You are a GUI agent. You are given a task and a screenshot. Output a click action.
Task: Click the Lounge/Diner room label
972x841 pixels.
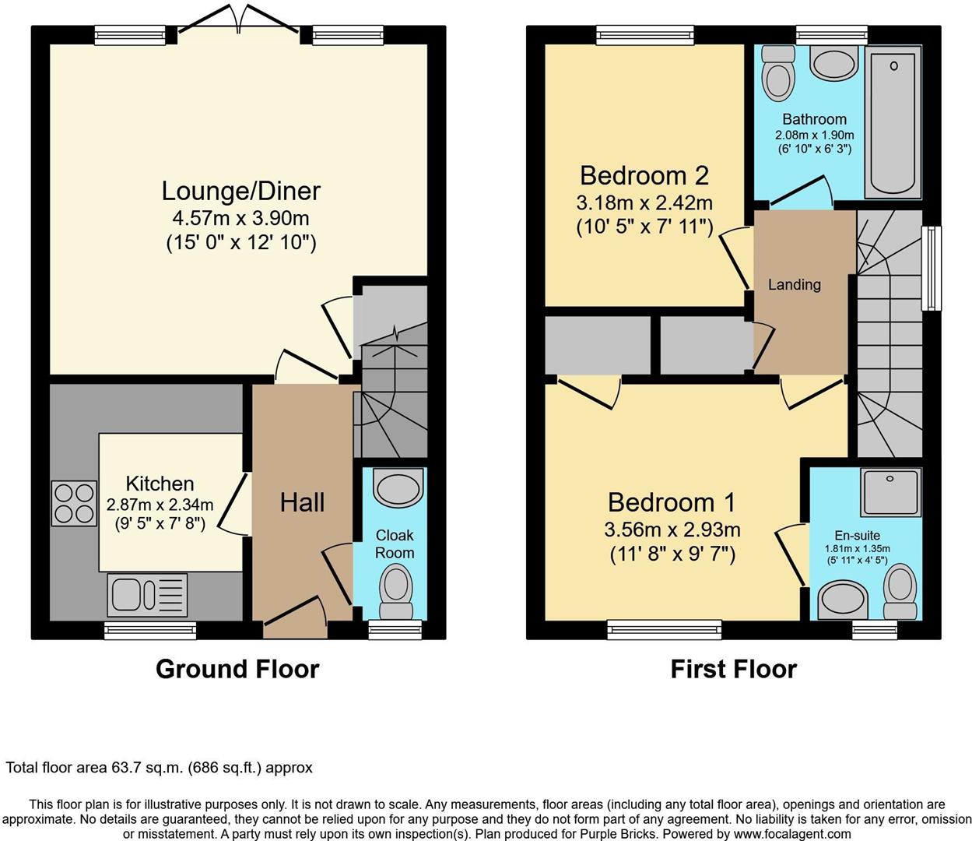click(x=240, y=191)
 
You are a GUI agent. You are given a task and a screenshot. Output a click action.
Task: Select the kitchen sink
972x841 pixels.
click(x=147, y=596)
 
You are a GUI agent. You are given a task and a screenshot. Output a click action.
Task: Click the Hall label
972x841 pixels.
click(x=302, y=502)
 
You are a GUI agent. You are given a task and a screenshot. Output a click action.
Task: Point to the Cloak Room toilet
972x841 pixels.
click(x=396, y=590)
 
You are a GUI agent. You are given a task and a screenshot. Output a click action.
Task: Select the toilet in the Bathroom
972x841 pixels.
click(x=777, y=74)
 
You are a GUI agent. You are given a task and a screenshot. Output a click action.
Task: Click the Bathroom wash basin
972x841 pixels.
click(x=833, y=62)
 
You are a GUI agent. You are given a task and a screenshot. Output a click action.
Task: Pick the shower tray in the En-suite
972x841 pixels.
click(x=890, y=492)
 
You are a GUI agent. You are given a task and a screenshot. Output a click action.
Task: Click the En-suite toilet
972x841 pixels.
click(x=900, y=592)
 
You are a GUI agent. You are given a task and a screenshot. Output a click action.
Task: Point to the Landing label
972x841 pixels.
click(x=794, y=284)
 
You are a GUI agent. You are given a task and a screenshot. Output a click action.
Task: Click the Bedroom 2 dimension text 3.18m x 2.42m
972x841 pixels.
click(x=644, y=202)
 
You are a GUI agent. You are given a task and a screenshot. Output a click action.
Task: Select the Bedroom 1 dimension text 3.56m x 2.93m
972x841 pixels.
click(x=672, y=530)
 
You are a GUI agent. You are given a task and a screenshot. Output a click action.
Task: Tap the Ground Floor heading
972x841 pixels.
click(x=237, y=669)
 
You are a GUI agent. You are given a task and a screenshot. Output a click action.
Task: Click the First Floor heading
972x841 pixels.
click(x=733, y=669)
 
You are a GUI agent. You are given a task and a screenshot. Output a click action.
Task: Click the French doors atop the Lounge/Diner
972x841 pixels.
click(x=238, y=23)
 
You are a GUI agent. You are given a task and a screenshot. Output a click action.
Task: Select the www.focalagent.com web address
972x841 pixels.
click(x=791, y=834)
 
